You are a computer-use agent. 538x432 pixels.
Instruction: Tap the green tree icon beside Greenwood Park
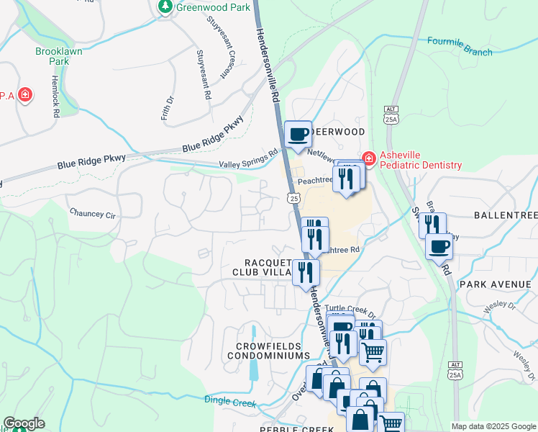pos(165,6)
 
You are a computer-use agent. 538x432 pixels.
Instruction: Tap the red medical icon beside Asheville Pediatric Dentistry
pos(369,158)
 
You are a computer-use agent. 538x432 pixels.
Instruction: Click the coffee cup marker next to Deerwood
pos(298,133)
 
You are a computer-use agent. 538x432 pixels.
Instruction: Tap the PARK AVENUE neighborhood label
pos(494,284)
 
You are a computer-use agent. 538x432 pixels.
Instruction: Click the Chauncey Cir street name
pos(92,213)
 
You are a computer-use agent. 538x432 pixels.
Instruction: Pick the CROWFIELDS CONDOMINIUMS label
pos(268,351)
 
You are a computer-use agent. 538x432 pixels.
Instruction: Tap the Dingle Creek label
pos(230,401)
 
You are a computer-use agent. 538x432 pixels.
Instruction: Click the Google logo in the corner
pos(24,424)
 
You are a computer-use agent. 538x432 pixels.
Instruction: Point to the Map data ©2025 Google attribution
pos(493,426)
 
